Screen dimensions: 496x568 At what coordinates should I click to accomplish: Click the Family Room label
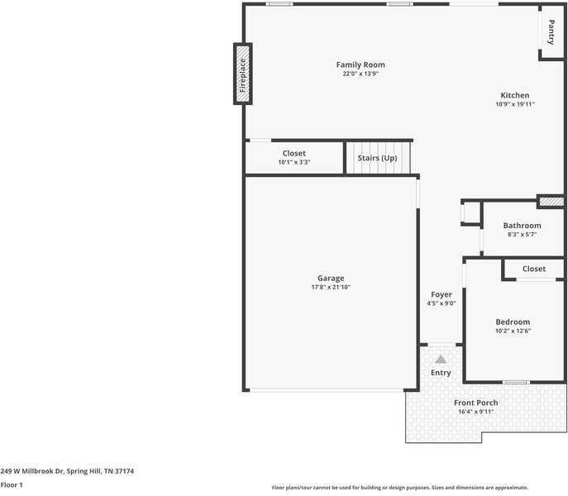tap(360, 64)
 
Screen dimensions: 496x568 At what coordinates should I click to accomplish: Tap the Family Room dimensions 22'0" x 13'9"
tap(360, 74)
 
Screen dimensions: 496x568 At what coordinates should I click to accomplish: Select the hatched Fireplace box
tap(242, 74)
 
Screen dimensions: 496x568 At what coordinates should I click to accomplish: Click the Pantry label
tap(551, 32)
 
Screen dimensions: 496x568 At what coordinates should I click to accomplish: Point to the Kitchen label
tap(514, 95)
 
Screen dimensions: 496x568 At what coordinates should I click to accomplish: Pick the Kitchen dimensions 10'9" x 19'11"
tap(514, 104)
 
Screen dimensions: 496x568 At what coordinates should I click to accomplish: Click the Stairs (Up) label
tap(377, 157)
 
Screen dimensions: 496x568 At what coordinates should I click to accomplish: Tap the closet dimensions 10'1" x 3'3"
tap(294, 162)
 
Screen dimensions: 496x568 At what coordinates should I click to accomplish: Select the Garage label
tap(331, 278)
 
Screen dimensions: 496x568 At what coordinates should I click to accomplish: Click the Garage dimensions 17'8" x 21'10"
tap(331, 287)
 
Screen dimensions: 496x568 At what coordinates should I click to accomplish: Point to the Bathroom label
tap(522, 226)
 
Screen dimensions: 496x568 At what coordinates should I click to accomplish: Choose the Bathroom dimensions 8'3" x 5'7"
tap(522, 235)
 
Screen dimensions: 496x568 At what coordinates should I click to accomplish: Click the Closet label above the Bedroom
tap(533, 269)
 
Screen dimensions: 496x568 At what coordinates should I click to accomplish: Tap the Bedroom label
tap(513, 322)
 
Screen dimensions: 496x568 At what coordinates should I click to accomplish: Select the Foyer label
tap(441, 294)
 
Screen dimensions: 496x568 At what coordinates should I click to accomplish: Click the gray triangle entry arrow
tap(441, 359)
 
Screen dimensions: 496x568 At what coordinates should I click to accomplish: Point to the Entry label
tap(441, 373)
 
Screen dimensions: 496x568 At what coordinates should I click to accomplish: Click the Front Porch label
tap(476, 403)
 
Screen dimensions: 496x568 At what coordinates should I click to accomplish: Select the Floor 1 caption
tap(12, 485)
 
